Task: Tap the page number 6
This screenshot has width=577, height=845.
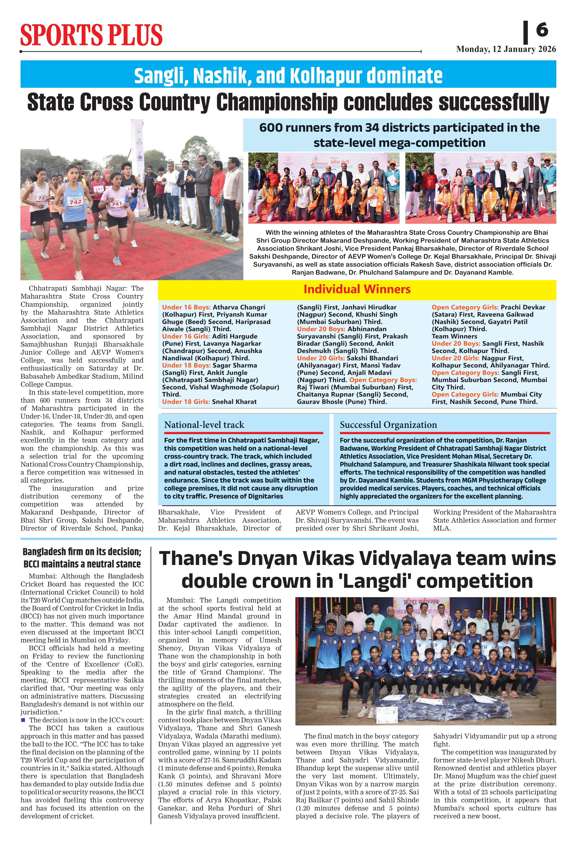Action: click(542, 30)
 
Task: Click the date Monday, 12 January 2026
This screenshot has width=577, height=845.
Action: click(506, 49)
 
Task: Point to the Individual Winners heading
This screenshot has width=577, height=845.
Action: click(357, 289)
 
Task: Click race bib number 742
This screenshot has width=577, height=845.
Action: click(76, 202)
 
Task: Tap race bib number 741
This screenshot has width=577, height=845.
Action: click(117, 204)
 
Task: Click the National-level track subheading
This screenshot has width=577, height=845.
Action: click(204, 425)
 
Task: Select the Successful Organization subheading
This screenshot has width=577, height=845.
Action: click(388, 425)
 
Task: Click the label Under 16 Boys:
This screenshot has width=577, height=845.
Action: click(186, 307)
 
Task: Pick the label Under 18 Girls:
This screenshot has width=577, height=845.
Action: click(186, 402)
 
